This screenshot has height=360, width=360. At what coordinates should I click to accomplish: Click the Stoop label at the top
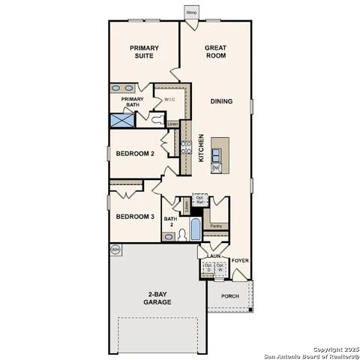coord(192,13)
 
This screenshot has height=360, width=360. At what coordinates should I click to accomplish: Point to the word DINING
coord(220,101)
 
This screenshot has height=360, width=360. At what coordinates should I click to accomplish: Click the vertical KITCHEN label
coord(201,148)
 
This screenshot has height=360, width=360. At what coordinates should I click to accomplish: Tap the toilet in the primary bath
coord(155,118)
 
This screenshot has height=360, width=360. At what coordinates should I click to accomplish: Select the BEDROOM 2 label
coord(135,154)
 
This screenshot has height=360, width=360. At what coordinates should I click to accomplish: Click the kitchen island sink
coord(216,155)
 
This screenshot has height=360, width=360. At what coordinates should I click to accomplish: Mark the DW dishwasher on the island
coord(215,169)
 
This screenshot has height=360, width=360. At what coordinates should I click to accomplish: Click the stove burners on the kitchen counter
coord(184,148)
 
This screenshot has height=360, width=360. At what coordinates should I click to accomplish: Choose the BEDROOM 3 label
coord(135,217)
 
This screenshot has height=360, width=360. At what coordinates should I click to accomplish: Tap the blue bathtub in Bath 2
coord(194,228)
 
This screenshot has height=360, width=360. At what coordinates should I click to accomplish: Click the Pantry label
coord(216,225)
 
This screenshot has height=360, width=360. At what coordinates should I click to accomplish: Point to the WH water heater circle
coord(115,248)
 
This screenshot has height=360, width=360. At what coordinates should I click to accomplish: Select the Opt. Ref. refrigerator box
coord(199,200)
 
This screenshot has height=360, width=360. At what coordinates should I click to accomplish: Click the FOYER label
coord(239,261)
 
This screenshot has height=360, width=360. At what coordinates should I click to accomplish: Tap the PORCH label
coord(230,295)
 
